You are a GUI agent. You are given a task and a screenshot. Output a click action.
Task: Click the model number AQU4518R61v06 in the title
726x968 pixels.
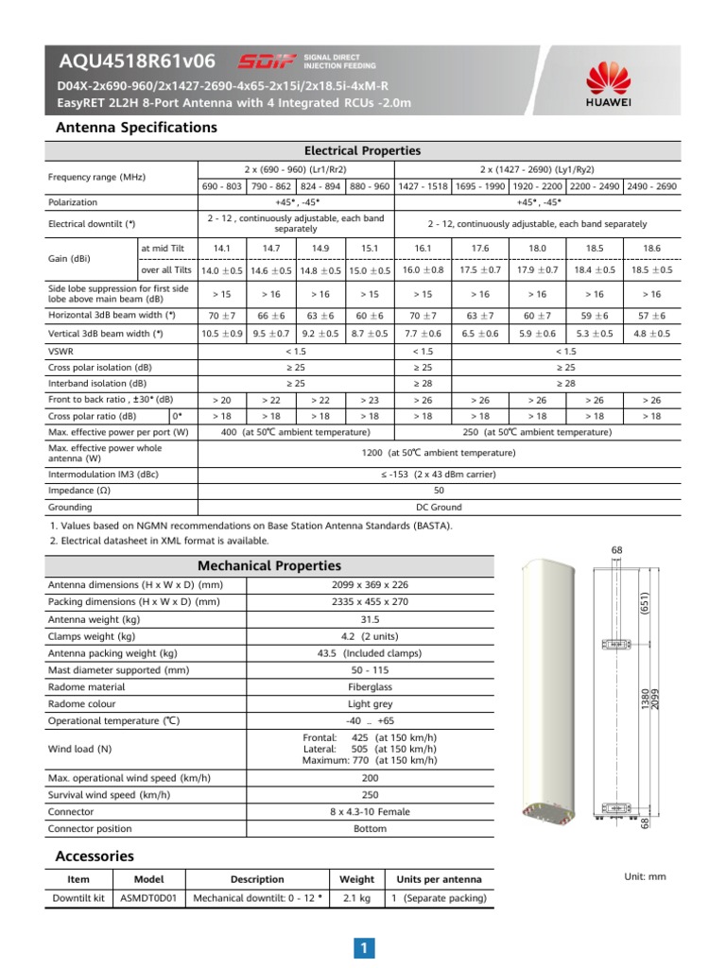(x=138, y=62)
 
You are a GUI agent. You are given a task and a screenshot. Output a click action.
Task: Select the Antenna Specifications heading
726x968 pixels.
(x=136, y=127)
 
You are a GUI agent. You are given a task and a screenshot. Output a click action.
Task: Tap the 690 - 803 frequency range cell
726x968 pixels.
(x=222, y=186)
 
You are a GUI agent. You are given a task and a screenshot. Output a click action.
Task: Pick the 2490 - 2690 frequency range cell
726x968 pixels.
(x=651, y=186)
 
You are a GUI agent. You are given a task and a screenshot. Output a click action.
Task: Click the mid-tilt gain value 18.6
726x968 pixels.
(x=651, y=248)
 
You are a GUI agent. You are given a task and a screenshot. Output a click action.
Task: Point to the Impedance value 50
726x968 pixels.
(x=439, y=491)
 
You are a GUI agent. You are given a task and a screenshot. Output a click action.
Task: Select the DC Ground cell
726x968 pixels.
(x=439, y=507)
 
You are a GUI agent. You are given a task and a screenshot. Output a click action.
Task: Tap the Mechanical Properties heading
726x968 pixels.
(x=268, y=565)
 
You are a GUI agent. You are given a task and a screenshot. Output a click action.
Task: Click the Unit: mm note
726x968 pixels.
(x=646, y=876)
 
